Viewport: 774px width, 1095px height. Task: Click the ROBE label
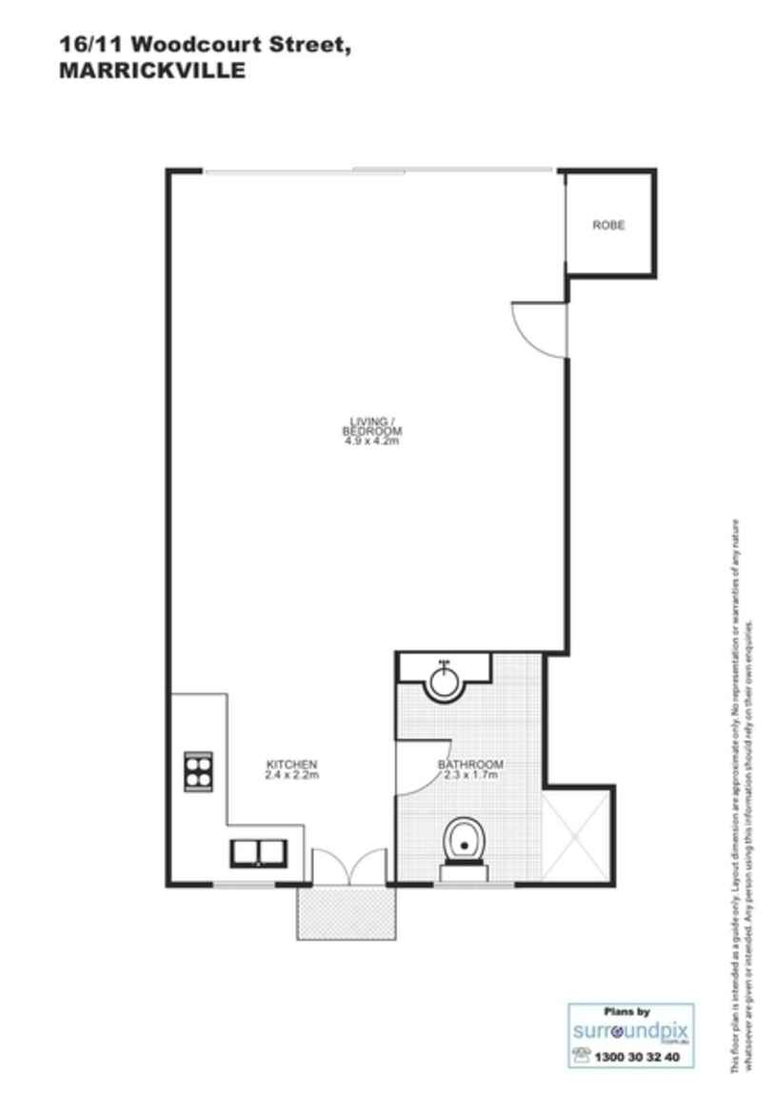click(608, 226)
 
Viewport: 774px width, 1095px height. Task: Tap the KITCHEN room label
click(291, 765)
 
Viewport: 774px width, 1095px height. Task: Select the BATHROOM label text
click(470, 765)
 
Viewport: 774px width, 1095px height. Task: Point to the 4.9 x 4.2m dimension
click(370, 441)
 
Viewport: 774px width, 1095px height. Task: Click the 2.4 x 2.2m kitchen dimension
click(291, 776)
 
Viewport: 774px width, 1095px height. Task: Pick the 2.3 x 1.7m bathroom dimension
click(470, 776)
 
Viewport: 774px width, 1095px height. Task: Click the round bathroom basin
click(443, 681)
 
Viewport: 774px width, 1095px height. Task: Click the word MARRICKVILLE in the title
click(152, 70)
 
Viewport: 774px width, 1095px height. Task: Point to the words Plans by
click(627, 1012)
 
